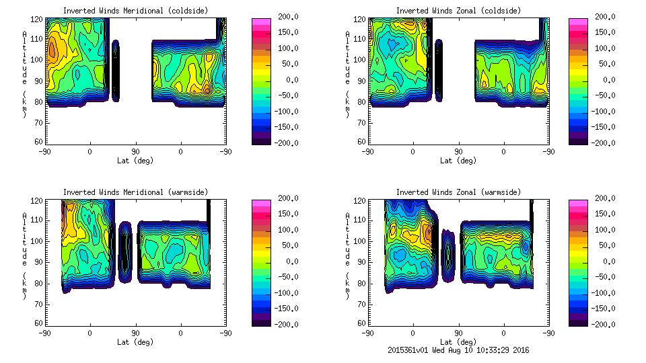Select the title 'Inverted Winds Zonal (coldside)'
click(x=458, y=11)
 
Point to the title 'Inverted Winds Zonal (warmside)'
click(x=458, y=192)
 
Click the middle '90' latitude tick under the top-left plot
click(x=135, y=151)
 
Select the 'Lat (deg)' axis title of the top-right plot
click(x=458, y=161)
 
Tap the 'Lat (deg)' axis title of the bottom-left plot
click(x=136, y=342)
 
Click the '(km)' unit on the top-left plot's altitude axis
click(x=25, y=104)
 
